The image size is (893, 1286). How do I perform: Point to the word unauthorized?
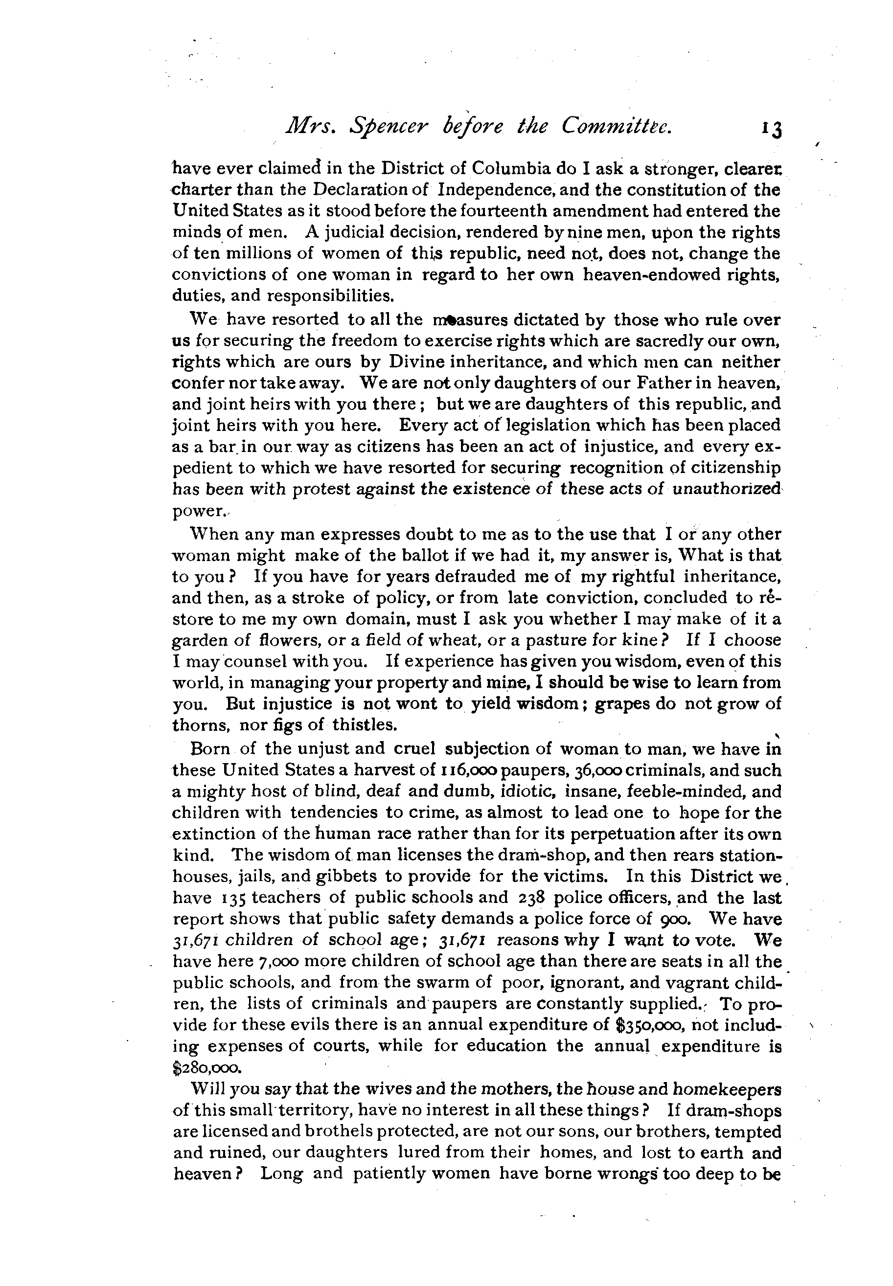pyautogui.click(x=725, y=490)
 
